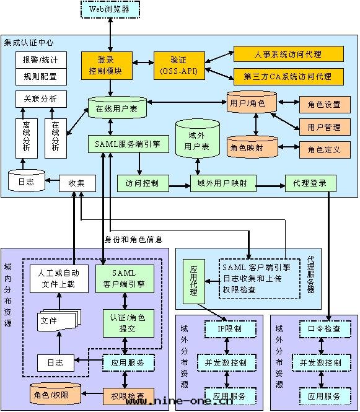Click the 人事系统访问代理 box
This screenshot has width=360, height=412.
(288, 55)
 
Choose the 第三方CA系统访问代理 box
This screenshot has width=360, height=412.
(288, 77)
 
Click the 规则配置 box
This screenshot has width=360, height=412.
(40, 77)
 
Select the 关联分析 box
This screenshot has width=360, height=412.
(40, 99)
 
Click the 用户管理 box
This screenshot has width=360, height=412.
(324, 127)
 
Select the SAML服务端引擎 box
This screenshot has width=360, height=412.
(129, 144)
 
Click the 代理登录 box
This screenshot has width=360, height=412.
(310, 183)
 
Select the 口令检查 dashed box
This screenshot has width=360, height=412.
(320, 328)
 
